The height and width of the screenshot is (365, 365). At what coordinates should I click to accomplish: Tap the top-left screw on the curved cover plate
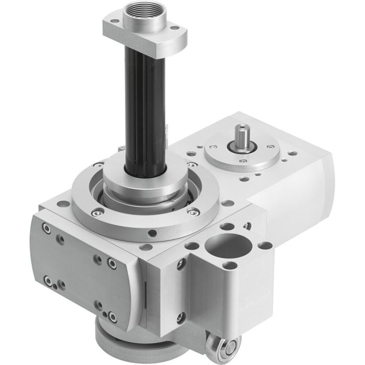click(x=48, y=228)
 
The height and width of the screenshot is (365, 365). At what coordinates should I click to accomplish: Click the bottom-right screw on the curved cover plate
click(x=112, y=315)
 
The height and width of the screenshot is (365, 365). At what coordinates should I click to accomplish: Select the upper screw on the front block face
click(x=180, y=266)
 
